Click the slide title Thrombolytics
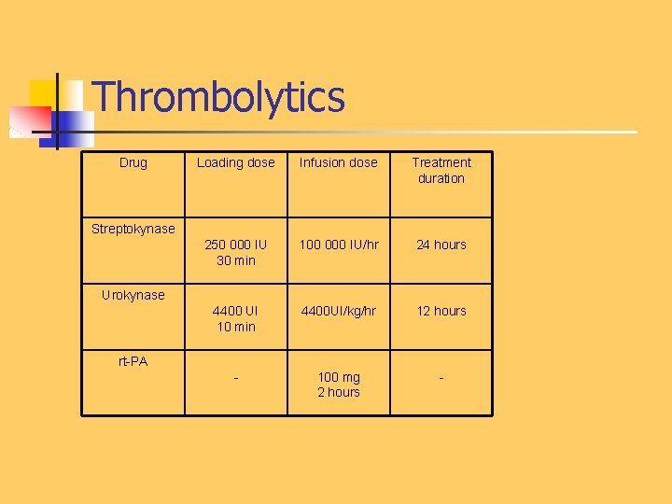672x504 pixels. pos(219,97)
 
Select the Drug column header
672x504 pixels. pos(133,162)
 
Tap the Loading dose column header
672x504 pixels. pos(235,162)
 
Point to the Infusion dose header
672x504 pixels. pos(338,162)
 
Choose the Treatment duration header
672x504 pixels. pos(441,170)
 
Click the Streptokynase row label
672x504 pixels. pos(133,229)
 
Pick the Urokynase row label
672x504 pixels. pos(133,295)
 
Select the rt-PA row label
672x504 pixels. pos(133,361)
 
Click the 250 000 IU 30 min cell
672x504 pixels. pos(235,252)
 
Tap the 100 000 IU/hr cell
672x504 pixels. pos(338,245)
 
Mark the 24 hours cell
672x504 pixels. pos(441,245)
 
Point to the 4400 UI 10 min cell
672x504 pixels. pos(235,318)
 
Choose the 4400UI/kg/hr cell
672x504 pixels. pos(338,311)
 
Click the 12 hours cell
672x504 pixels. pos(441,311)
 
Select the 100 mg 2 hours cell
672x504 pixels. pos(338,385)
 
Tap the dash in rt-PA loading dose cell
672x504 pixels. pos(235,378)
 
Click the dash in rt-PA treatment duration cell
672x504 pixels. pos(441,378)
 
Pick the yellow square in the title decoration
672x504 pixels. pos(43,92)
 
